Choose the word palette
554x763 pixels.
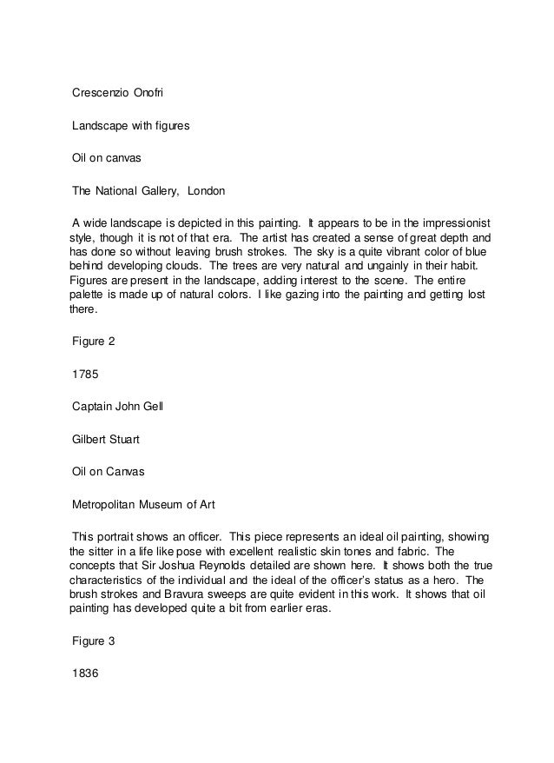tap(87, 296)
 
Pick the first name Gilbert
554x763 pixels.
tap(90, 440)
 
